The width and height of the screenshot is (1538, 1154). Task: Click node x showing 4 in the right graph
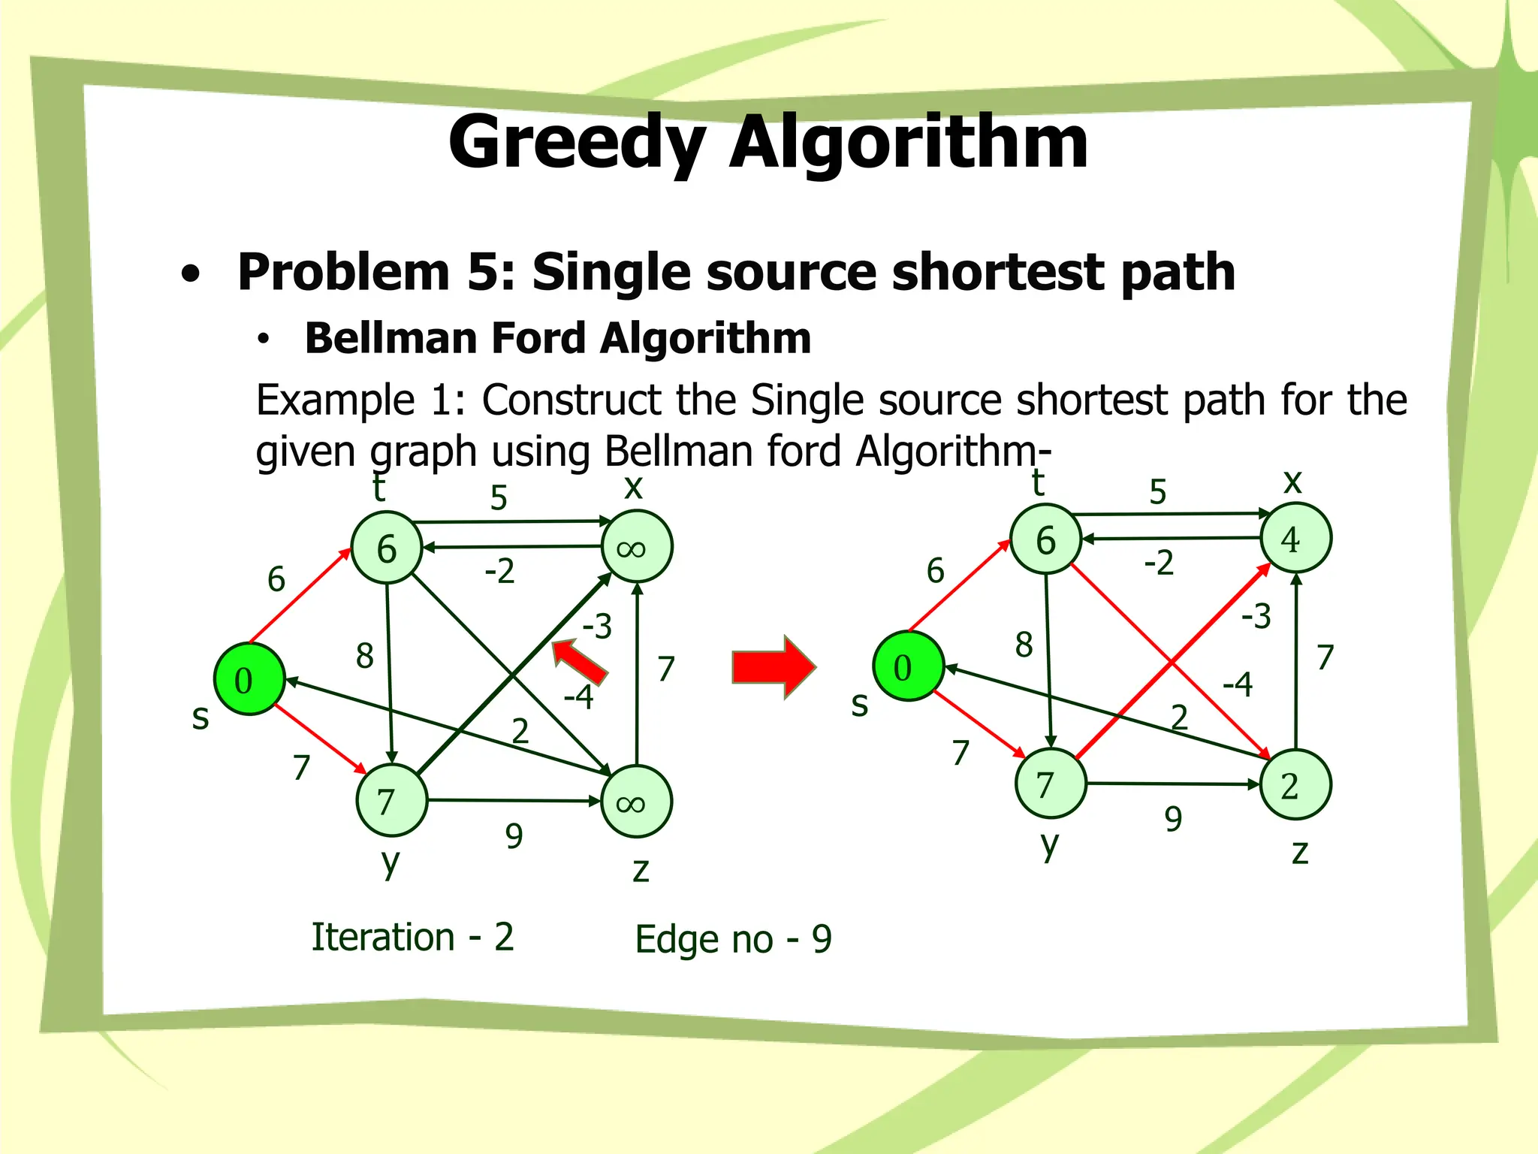(1295, 539)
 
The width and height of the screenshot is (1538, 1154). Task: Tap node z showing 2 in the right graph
(1295, 784)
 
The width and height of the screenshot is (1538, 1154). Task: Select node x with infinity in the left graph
(637, 547)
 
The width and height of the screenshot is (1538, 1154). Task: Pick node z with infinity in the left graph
(637, 802)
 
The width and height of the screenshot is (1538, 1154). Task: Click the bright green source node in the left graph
(249, 679)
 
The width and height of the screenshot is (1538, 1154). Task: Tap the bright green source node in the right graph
(908, 666)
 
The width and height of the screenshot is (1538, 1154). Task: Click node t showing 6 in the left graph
(387, 548)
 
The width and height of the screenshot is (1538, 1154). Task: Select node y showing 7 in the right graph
(1050, 784)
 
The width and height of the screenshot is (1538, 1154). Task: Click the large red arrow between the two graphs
(773, 666)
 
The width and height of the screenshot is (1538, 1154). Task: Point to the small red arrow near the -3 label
(578, 660)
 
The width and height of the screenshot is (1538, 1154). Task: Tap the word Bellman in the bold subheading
(391, 338)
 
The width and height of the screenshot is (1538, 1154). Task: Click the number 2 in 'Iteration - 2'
(504, 937)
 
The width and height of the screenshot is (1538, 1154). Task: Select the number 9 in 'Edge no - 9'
(822, 939)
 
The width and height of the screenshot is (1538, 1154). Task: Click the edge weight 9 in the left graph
(514, 835)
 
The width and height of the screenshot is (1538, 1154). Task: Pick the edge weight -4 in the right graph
(1238, 684)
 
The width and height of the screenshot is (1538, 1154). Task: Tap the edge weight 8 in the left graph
(365, 656)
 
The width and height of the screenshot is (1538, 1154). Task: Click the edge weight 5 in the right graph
(1158, 492)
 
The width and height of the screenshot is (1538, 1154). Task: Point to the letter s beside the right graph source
(860, 705)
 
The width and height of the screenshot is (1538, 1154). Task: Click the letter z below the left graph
(640, 870)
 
